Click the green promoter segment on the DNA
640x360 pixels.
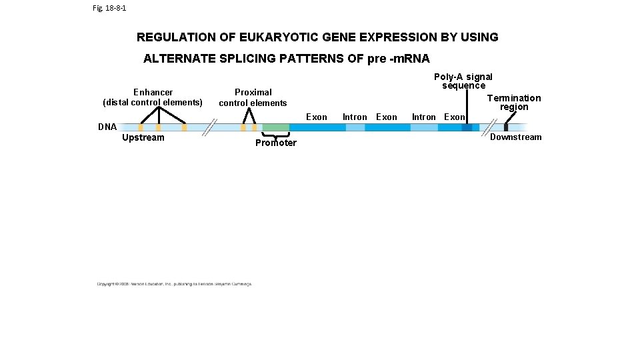pos(275,127)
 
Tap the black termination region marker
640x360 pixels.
pos(506,127)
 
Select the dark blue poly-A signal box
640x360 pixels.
pos(467,127)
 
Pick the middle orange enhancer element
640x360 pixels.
pos(159,127)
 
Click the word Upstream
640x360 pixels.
pos(143,138)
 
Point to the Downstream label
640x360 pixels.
pos(515,137)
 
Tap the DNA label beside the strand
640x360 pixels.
pos(107,127)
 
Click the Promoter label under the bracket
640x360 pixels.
pos(276,143)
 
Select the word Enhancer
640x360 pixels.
pos(153,92)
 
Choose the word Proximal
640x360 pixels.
pos(253,92)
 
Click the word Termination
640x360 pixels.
pos(513,98)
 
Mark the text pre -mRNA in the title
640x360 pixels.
pos(398,59)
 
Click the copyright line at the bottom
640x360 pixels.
pos(175,284)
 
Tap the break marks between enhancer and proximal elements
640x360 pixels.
pos(210,127)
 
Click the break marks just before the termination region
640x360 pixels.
pos(491,127)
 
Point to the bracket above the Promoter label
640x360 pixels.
pos(275,135)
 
